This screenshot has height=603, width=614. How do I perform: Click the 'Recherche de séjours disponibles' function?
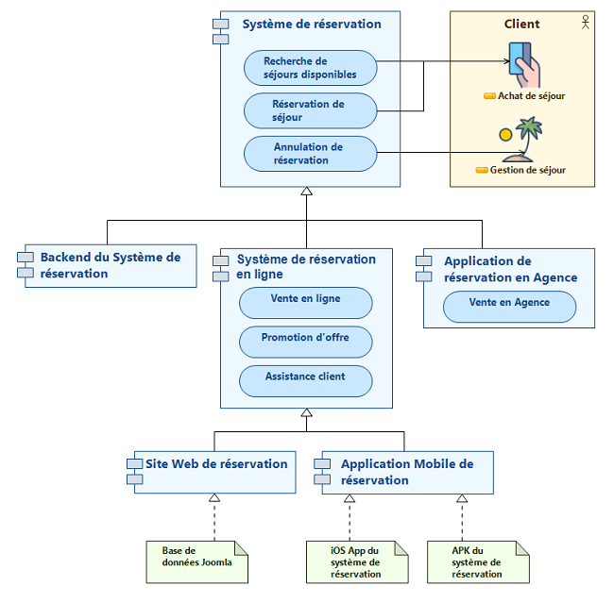(x=310, y=68)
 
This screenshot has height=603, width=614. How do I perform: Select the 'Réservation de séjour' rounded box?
(x=310, y=110)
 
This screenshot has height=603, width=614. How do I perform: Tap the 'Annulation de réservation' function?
(x=310, y=154)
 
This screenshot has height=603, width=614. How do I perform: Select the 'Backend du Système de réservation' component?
(x=108, y=265)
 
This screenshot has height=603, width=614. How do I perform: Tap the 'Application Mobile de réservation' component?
(x=407, y=472)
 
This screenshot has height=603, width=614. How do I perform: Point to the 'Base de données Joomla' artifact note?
(x=196, y=561)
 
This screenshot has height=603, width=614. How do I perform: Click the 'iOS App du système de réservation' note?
(x=357, y=561)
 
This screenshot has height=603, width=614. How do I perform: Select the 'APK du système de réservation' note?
(x=477, y=561)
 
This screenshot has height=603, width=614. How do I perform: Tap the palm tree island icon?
(x=521, y=139)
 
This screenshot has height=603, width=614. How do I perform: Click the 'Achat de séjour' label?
(x=530, y=96)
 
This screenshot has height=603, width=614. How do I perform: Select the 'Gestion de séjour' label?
(x=528, y=171)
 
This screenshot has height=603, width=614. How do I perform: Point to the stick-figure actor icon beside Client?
(x=586, y=20)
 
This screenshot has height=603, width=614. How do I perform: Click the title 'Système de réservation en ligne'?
(x=305, y=266)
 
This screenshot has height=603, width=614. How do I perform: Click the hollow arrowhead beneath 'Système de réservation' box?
(x=306, y=192)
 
